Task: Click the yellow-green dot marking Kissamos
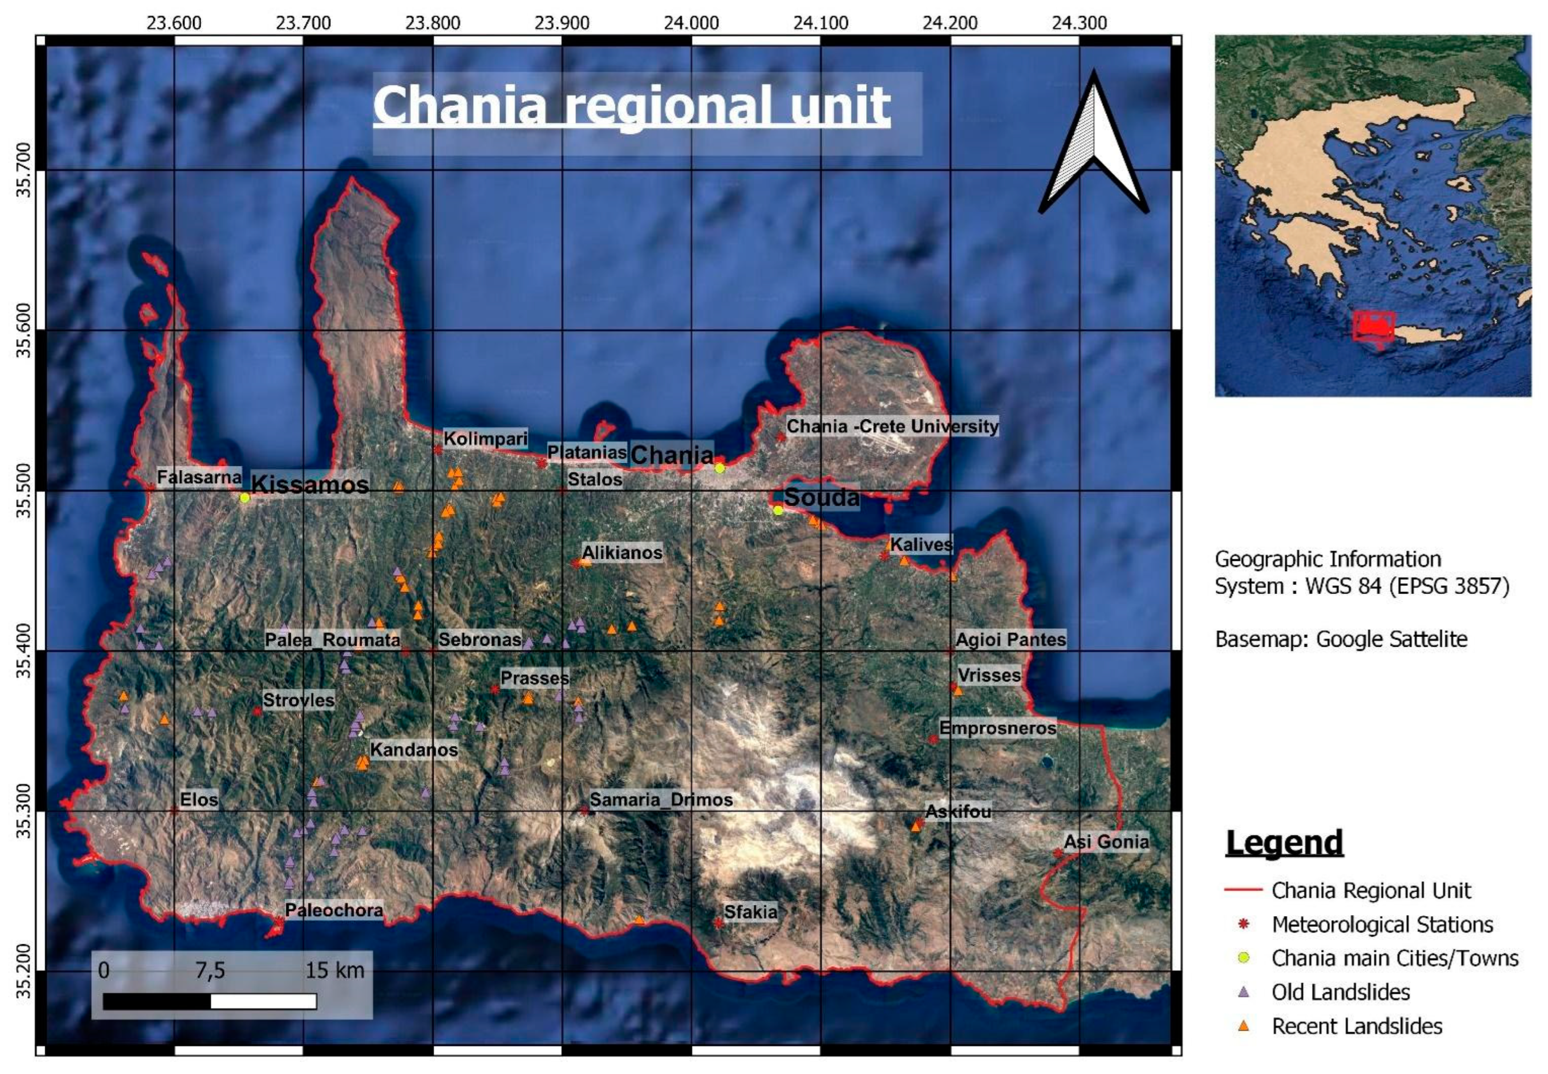click(x=245, y=498)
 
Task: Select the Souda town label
click(x=821, y=497)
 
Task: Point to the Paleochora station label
click(x=334, y=910)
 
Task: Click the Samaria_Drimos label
click(x=661, y=800)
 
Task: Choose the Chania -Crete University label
click(x=892, y=426)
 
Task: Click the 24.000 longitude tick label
click(x=691, y=23)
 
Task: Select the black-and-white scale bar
click(x=210, y=1001)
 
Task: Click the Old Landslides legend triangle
click(x=1243, y=992)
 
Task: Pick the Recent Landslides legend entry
click(x=1356, y=1026)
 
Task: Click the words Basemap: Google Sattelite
click(x=1341, y=639)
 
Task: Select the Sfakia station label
click(x=750, y=912)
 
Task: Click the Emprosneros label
click(x=997, y=728)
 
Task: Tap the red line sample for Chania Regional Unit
click(x=1243, y=890)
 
